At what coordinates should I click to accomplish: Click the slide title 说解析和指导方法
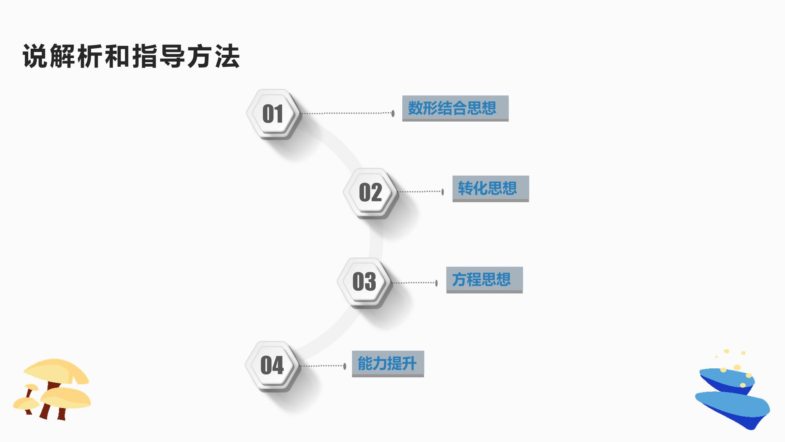pyautogui.click(x=131, y=56)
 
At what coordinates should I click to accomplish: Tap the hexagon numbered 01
pyautogui.click(x=273, y=113)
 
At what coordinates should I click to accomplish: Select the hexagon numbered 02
pyautogui.click(x=370, y=192)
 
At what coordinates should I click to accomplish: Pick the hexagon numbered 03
pyautogui.click(x=364, y=282)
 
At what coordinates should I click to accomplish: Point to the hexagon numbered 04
pyautogui.click(x=272, y=365)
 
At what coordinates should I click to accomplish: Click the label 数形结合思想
pyautogui.click(x=452, y=108)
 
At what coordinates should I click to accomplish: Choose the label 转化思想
pyautogui.click(x=487, y=188)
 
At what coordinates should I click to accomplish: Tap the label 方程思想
pyautogui.click(x=481, y=280)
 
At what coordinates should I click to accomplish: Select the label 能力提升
pyautogui.click(x=387, y=363)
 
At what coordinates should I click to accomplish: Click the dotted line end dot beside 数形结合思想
pyautogui.click(x=393, y=113)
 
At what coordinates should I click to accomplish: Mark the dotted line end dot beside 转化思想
pyautogui.click(x=442, y=192)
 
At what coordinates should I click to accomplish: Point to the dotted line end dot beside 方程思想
pyautogui.click(x=436, y=283)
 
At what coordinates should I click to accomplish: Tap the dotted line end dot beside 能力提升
pyautogui.click(x=345, y=366)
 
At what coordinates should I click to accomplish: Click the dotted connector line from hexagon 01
pyautogui.click(x=346, y=113)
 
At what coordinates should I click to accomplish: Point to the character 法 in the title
pyautogui.click(x=227, y=56)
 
